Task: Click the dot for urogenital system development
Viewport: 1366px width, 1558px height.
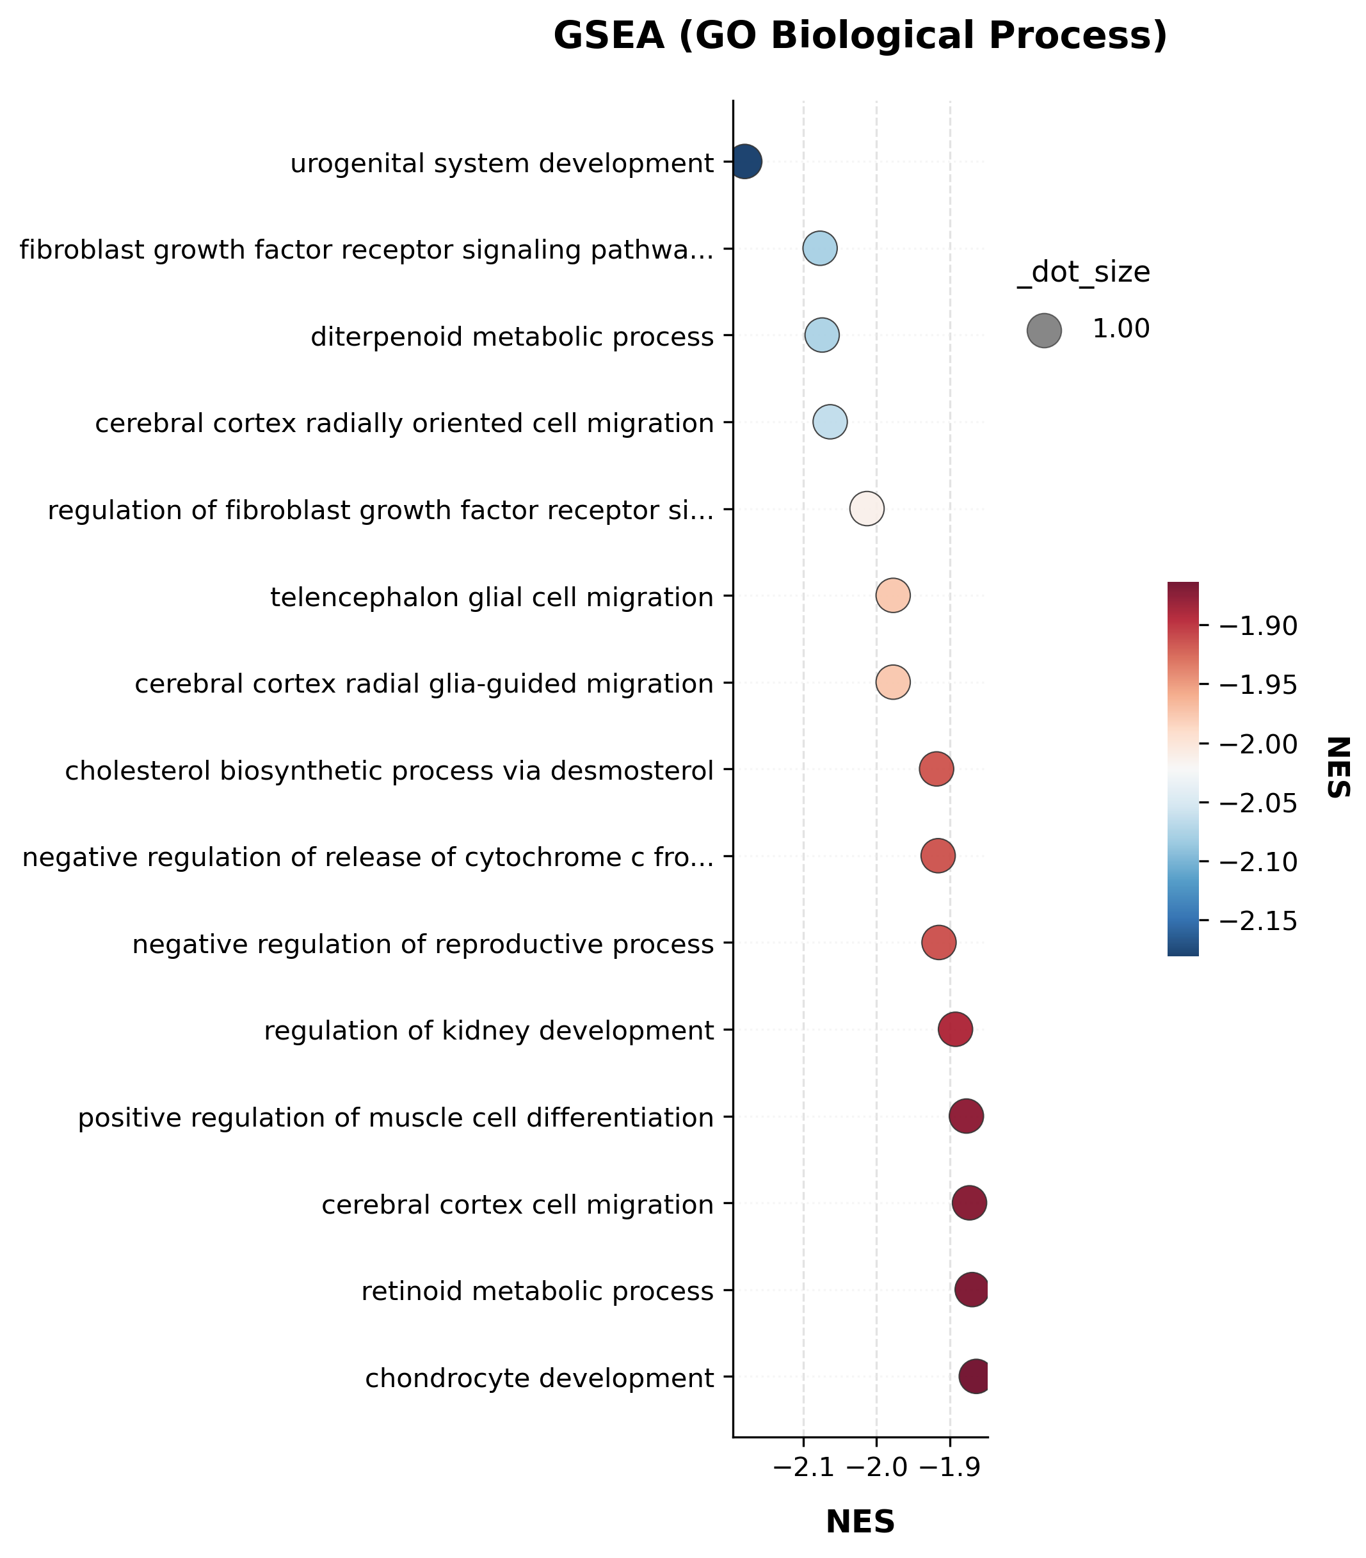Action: tap(746, 161)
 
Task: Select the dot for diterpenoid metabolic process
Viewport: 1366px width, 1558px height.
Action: tap(822, 335)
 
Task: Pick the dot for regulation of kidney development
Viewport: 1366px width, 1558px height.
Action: tap(955, 1030)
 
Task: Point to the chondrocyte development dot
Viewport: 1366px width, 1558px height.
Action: tap(975, 1377)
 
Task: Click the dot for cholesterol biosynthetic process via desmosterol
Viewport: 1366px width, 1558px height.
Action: tap(936, 770)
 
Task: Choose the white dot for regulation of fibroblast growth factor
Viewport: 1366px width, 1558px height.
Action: tap(867, 509)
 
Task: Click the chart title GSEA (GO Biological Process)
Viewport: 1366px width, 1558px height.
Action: tap(860, 36)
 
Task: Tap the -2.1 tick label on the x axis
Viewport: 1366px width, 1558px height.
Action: tap(803, 1469)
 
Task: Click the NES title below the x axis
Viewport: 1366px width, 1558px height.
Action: tap(860, 1523)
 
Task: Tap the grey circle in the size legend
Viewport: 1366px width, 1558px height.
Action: tap(1044, 331)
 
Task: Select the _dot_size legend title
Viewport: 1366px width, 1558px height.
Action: tap(1083, 273)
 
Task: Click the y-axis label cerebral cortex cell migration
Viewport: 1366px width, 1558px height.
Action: tap(518, 1205)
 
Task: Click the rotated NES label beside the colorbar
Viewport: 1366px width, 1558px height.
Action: tap(1338, 767)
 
